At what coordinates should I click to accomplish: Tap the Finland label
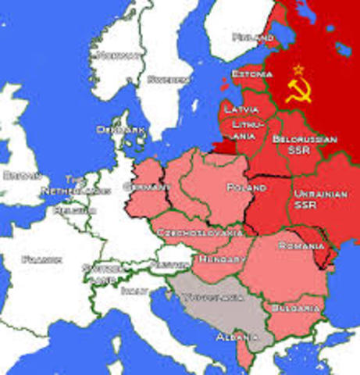(253, 37)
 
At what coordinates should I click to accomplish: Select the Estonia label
(252, 73)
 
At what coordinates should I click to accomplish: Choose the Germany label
(147, 187)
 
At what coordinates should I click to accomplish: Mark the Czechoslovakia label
(198, 233)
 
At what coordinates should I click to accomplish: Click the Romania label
(301, 246)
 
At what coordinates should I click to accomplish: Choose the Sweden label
(169, 79)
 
